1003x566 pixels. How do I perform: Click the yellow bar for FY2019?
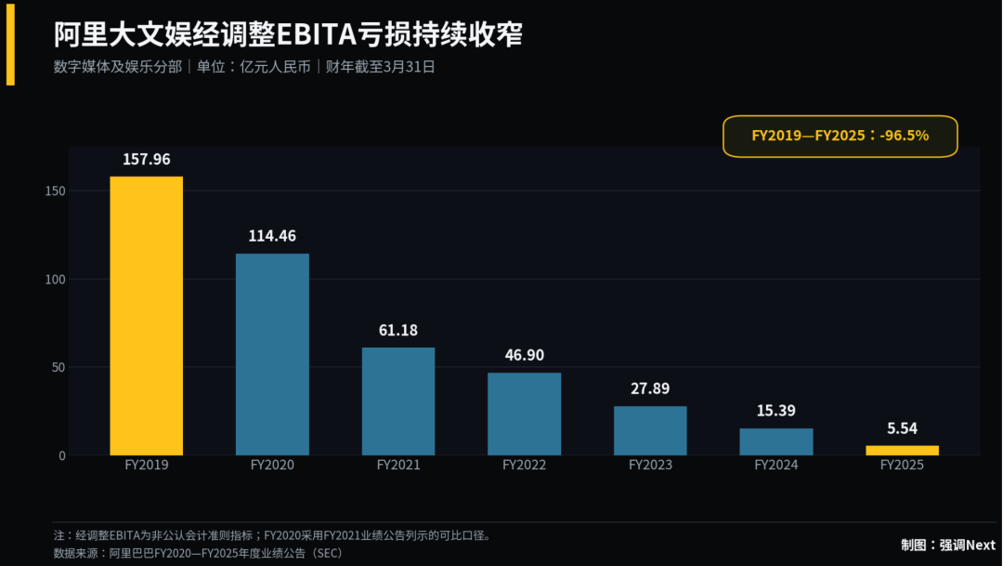tap(147, 316)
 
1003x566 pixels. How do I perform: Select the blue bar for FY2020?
tap(272, 354)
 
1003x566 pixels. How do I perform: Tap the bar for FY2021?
tap(398, 401)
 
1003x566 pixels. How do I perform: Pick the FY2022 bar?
tap(525, 414)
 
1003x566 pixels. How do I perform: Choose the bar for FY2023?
tap(650, 430)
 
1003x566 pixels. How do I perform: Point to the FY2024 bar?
tap(776, 441)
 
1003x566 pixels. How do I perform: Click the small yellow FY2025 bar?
tap(903, 450)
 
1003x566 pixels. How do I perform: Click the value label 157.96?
tap(147, 160)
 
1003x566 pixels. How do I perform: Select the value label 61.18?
tap(397, 330)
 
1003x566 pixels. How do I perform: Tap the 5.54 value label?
tap(902, 428)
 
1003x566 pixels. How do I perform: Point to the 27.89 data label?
tap(650, 388)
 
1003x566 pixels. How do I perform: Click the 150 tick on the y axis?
tap(56, 191)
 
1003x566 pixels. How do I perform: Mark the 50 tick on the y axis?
tap(59, 367)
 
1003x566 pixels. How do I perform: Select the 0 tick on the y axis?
tap(62, 456)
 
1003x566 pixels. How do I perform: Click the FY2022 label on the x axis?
tap(525, 465)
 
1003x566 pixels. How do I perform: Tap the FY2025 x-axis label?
tap(902, 465)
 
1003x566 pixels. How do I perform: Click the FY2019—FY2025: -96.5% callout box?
tap(840, 137)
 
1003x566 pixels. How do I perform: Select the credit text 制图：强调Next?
tap(948, 545)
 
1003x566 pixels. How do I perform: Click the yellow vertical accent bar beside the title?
tap(10, 44)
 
